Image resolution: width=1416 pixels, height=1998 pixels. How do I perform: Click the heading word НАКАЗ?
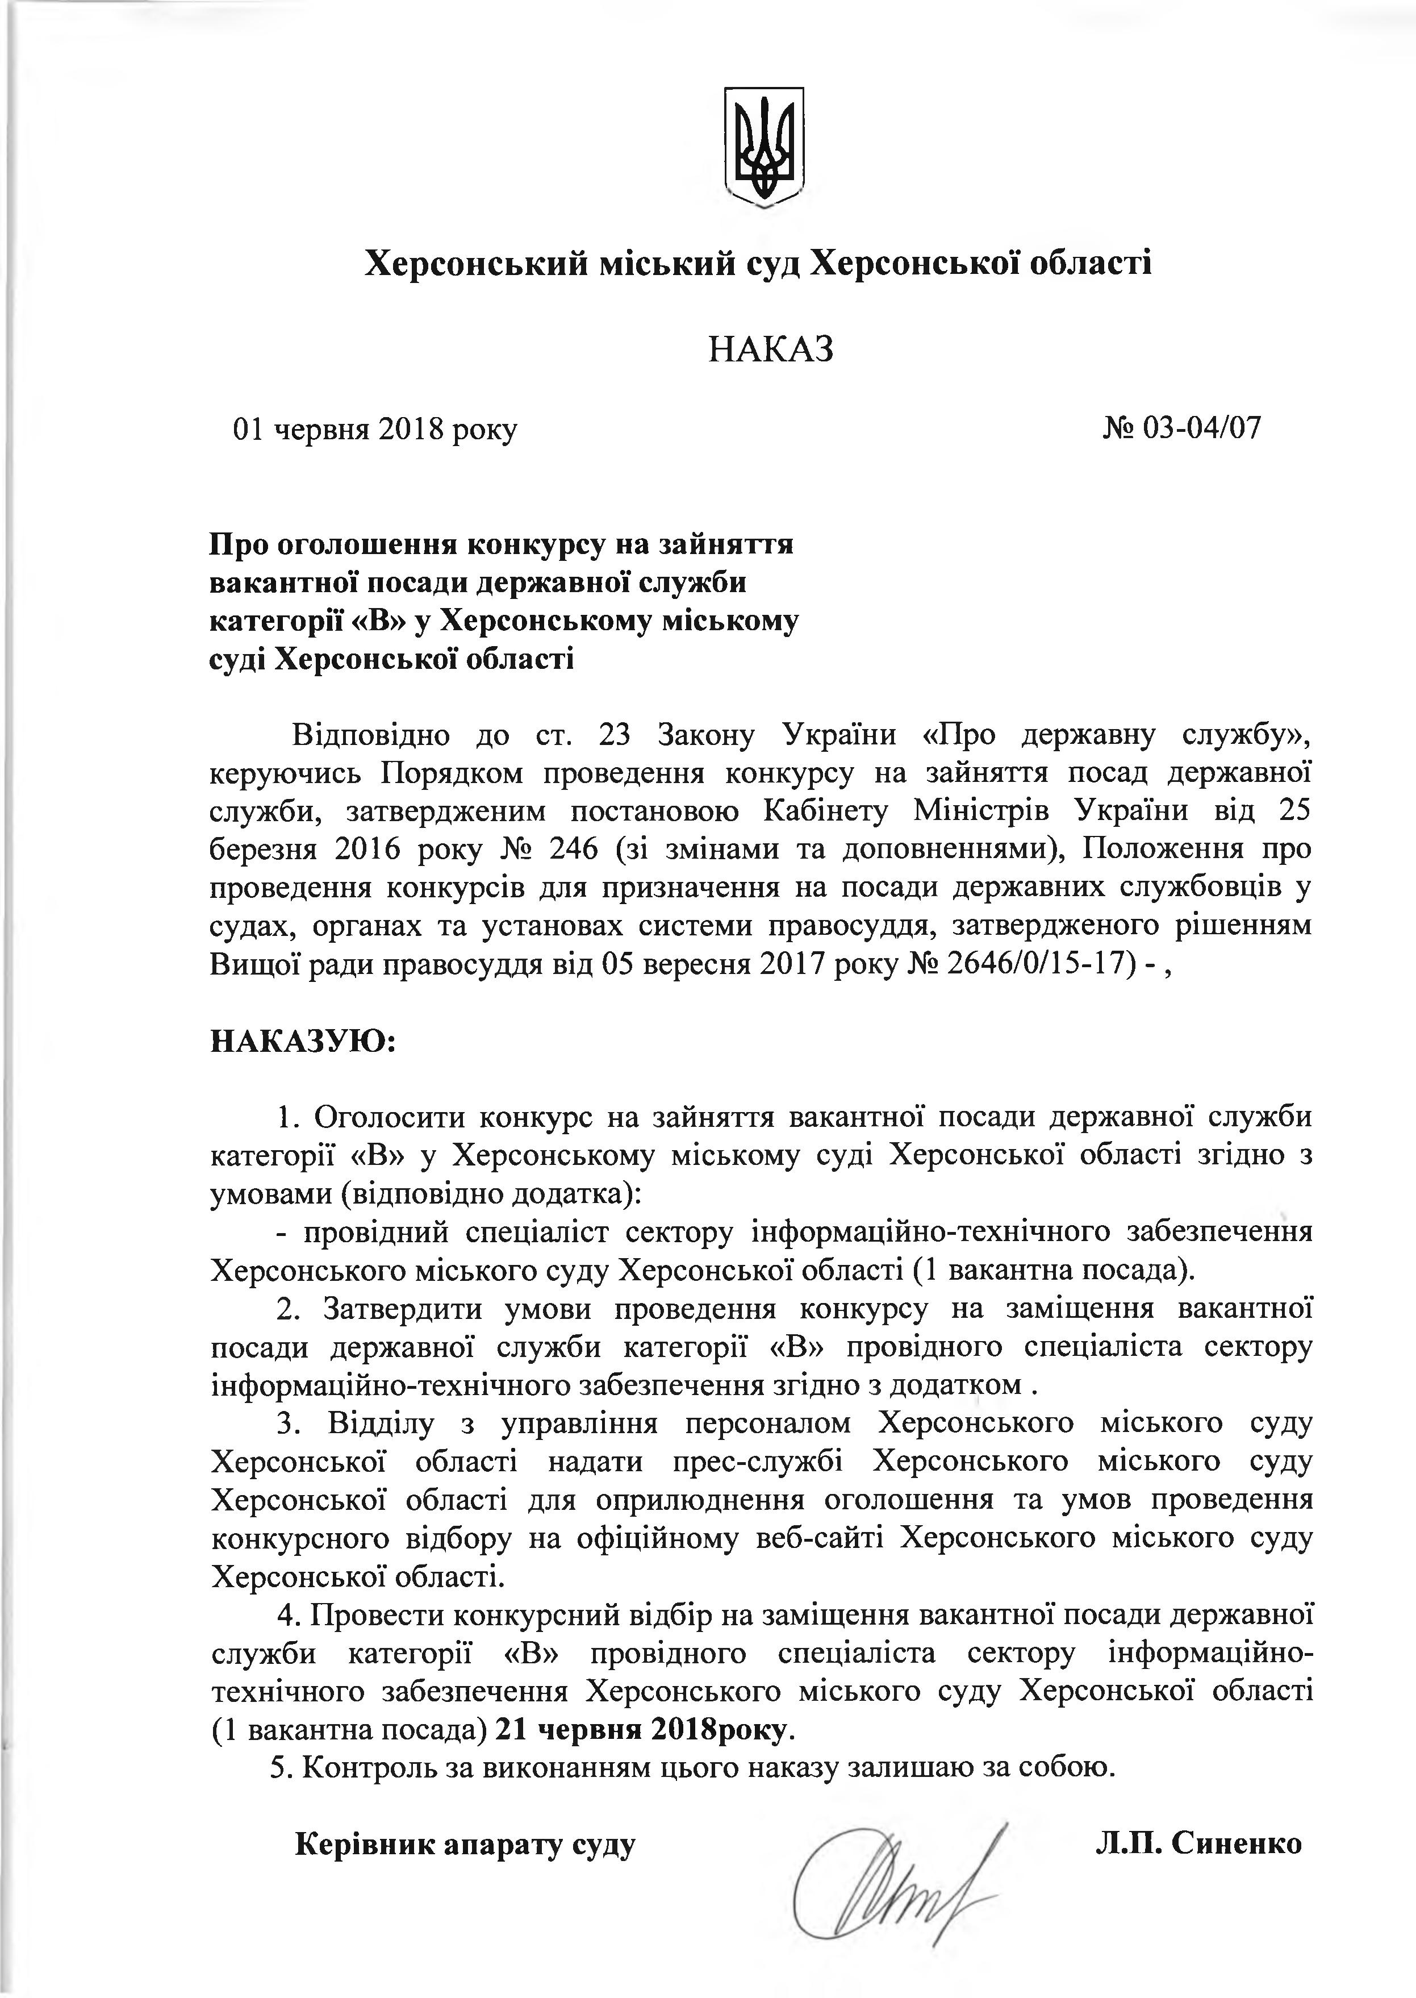771,349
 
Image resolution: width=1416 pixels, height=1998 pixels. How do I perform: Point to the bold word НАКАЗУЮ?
303,1040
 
